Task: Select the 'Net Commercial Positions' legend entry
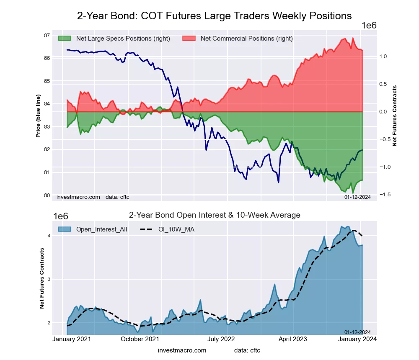[x=246, y=39]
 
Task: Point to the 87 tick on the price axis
[x=47, y=35]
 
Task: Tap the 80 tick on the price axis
[x=47, y=195]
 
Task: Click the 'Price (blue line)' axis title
[x=38, y=116]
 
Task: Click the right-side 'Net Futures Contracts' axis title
[x=394, y=116]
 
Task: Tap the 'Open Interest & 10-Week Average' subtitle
[x=215, y=215]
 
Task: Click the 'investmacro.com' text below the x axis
[x=182, y=350]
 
